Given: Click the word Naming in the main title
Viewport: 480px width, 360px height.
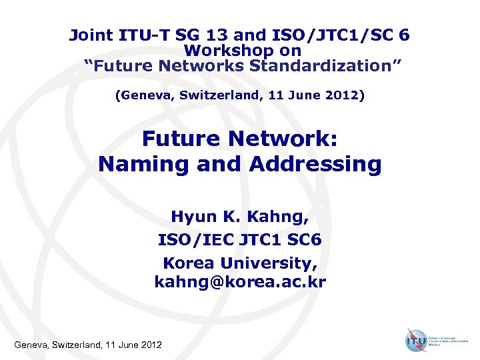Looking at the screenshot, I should tap(143, 163).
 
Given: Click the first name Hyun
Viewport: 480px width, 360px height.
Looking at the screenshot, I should tap(191, 217).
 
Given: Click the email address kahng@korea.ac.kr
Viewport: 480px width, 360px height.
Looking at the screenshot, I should tap(240, 283).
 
